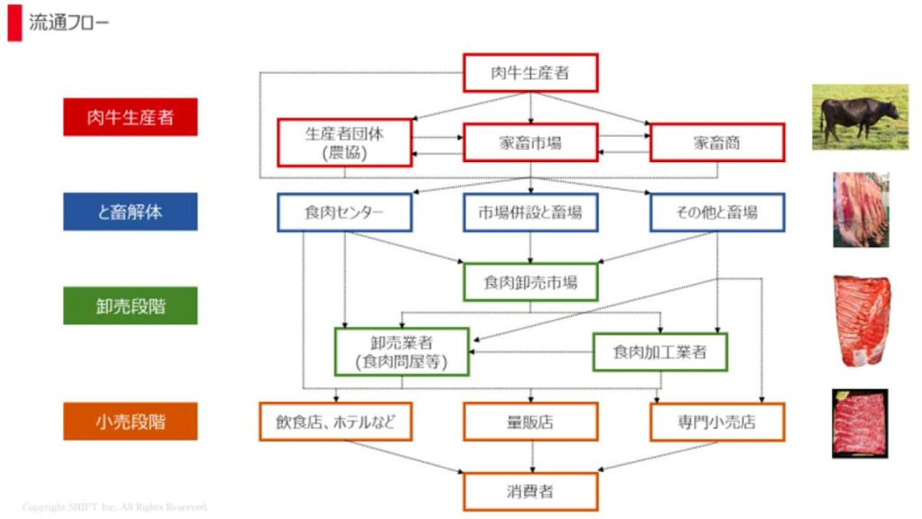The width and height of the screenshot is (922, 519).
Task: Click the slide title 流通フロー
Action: pos(69,23)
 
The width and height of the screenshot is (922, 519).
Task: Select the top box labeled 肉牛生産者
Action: pos(530,72)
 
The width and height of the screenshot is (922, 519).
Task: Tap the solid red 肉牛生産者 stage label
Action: pos(130,117)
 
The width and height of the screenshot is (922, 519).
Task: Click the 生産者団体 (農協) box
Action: pos(344,142)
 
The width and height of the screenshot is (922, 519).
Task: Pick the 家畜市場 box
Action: pos(530,142)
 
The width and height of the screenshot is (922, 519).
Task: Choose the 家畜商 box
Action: pos(717,142)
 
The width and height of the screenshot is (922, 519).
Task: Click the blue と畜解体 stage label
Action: pos(130,212)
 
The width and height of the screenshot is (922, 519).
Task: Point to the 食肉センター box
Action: pos(344,212)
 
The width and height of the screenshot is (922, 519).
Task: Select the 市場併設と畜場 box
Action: pos(530,212)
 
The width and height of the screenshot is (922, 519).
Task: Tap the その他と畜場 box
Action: pos(717,212)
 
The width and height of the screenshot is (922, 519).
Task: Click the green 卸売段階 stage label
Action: pos(130,305)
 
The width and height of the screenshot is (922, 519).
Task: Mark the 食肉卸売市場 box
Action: pos(530,283)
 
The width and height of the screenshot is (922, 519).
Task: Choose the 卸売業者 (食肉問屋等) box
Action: pos(401,352)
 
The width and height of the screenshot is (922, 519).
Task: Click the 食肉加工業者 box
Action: pos(660,352)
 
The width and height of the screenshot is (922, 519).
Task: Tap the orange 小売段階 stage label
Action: pos(130,421)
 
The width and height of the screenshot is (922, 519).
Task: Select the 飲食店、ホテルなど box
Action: pos(336,422)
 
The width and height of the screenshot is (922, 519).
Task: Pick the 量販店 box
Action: pos(530,422)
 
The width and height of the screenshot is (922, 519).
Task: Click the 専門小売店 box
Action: pos(717,422)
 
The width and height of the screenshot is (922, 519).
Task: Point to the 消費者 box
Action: pos(530,492)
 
